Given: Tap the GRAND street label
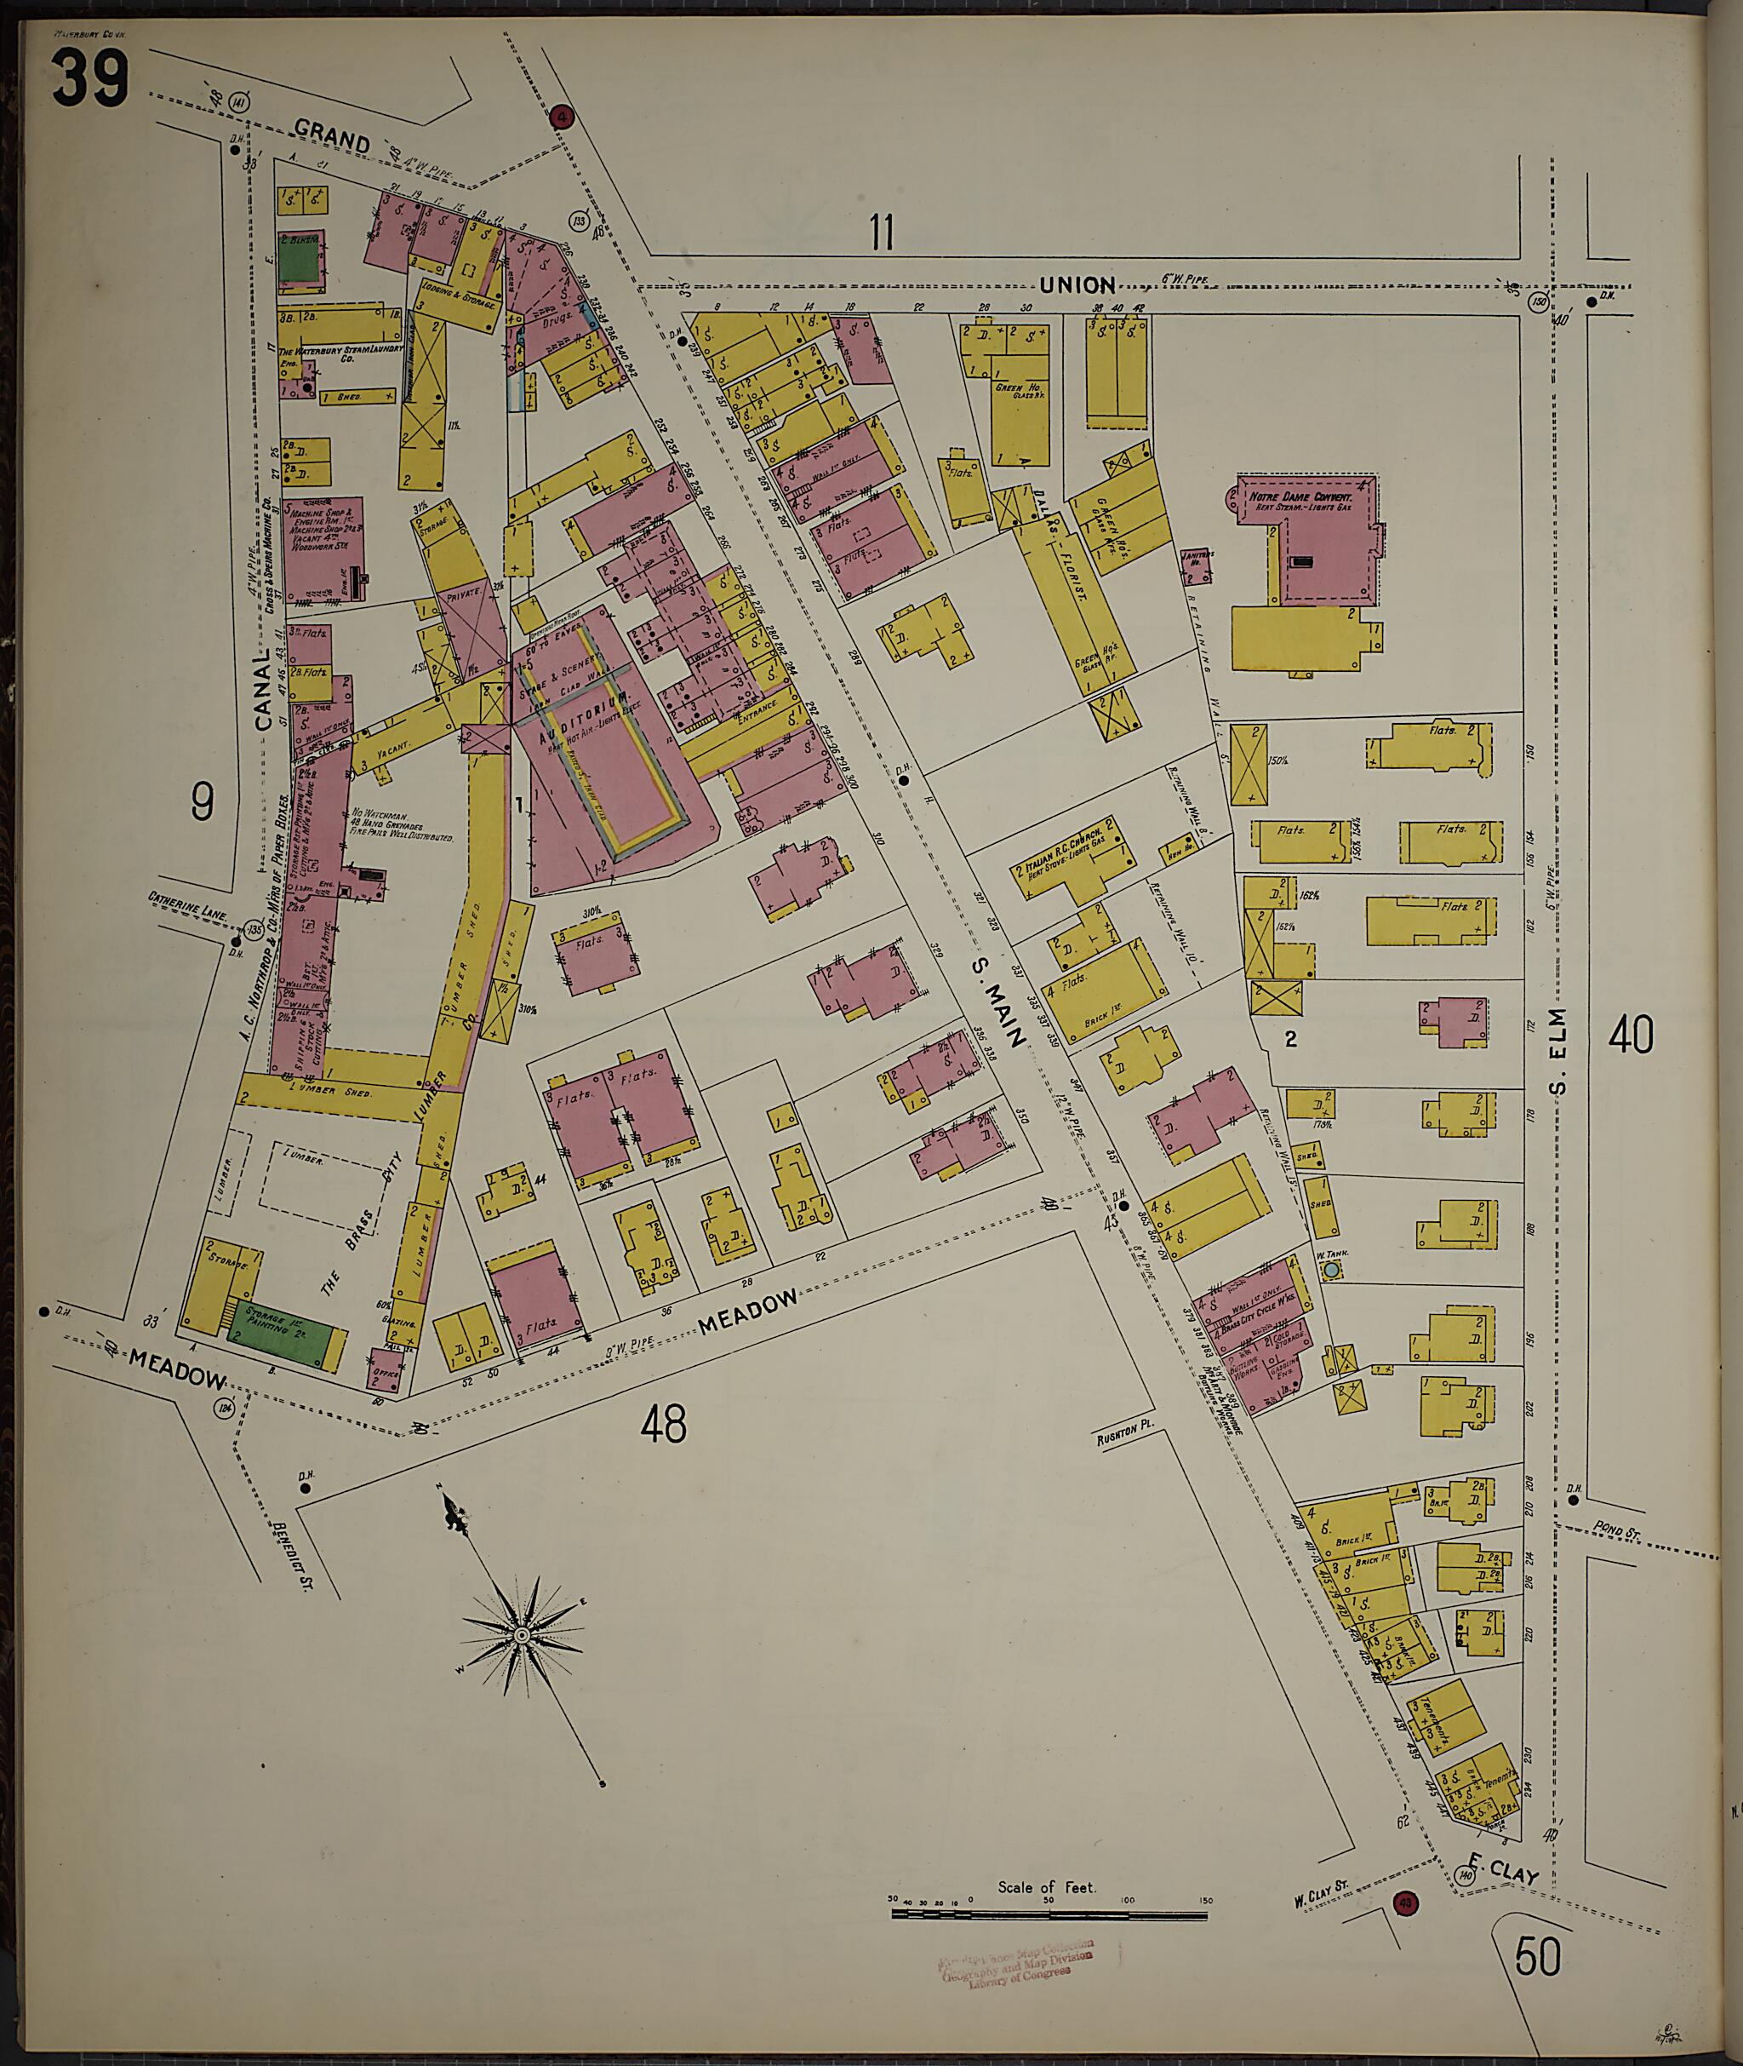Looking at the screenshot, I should (332, 137).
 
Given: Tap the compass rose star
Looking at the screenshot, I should (521, 1637).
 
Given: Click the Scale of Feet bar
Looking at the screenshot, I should (1049, 1914).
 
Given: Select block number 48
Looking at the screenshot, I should (663, 1425).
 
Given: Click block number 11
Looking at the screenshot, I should (882, 232).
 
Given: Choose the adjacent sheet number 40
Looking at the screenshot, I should (1631, 1036).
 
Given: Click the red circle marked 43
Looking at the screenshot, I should (1403, 1902).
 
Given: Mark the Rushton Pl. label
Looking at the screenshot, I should (1125, 1435).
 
